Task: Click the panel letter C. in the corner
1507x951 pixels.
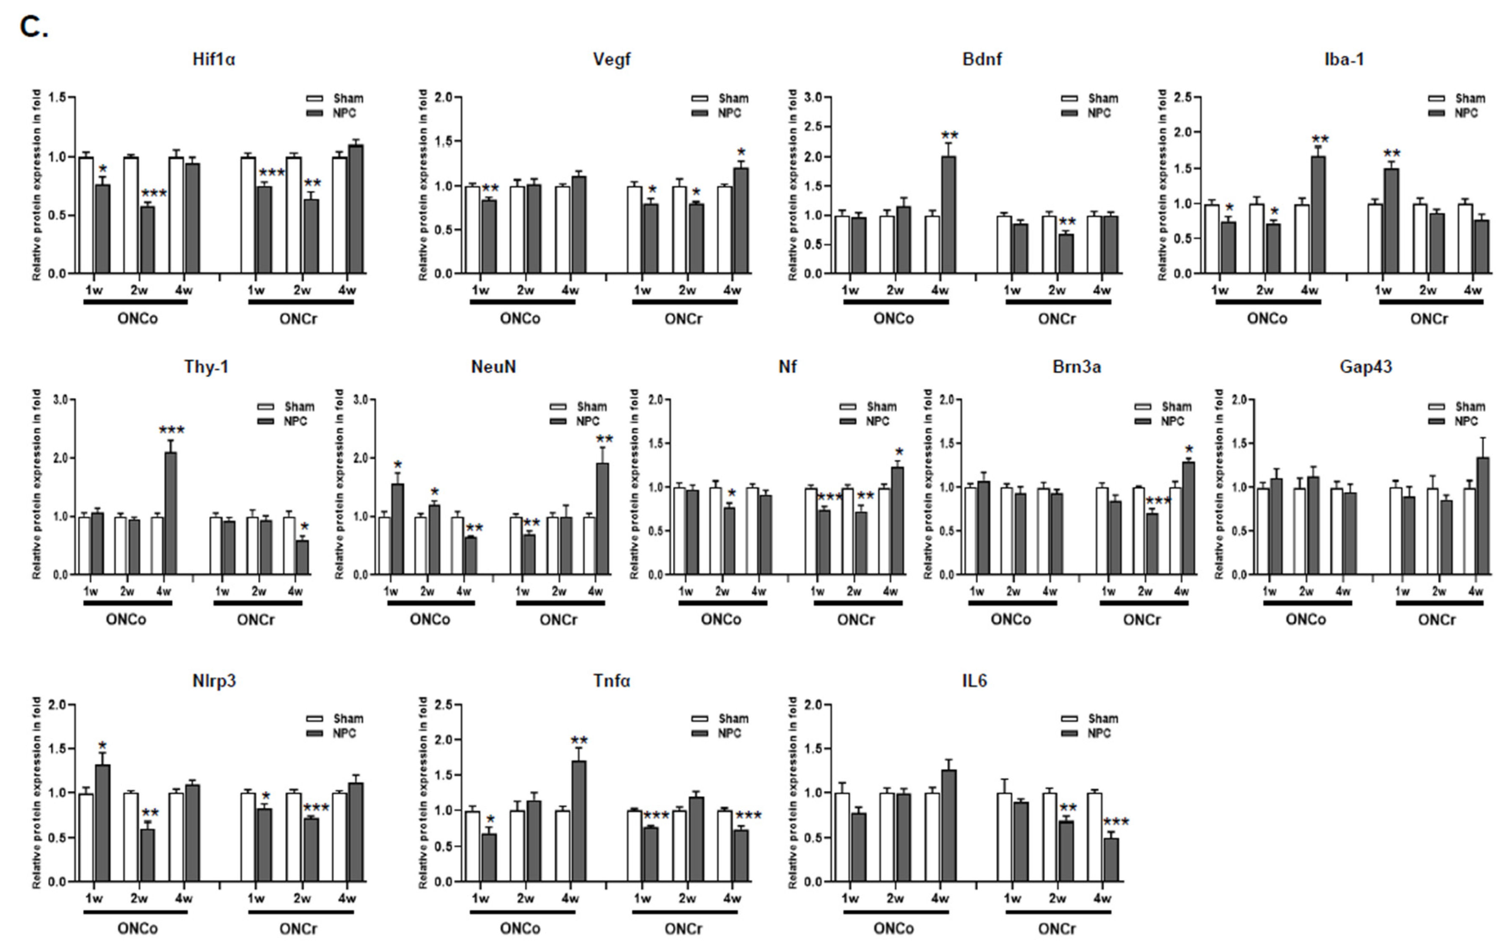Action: click(x=33, y=27)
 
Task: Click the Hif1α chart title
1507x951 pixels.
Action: click(x=213, y=60)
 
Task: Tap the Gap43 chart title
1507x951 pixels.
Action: click(x=1366, y=367)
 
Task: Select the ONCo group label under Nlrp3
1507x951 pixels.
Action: click(x=137, y=929)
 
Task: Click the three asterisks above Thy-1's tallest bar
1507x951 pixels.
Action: click(x=171, y=430)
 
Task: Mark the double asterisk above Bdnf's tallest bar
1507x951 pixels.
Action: click(x=949, y=135)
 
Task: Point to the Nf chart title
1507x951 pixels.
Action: click(x=787, y=367)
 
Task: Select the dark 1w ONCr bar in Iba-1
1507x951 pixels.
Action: click(x=1391, y=221)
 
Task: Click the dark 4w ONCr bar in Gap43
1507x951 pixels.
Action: click(x=1482, y=515)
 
